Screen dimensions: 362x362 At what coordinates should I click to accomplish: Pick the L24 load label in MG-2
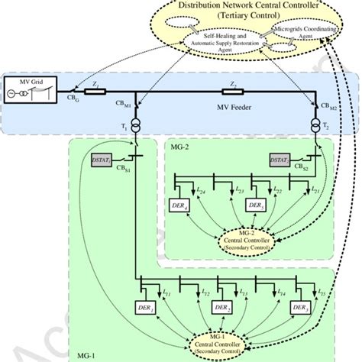(x=199, y=189)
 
